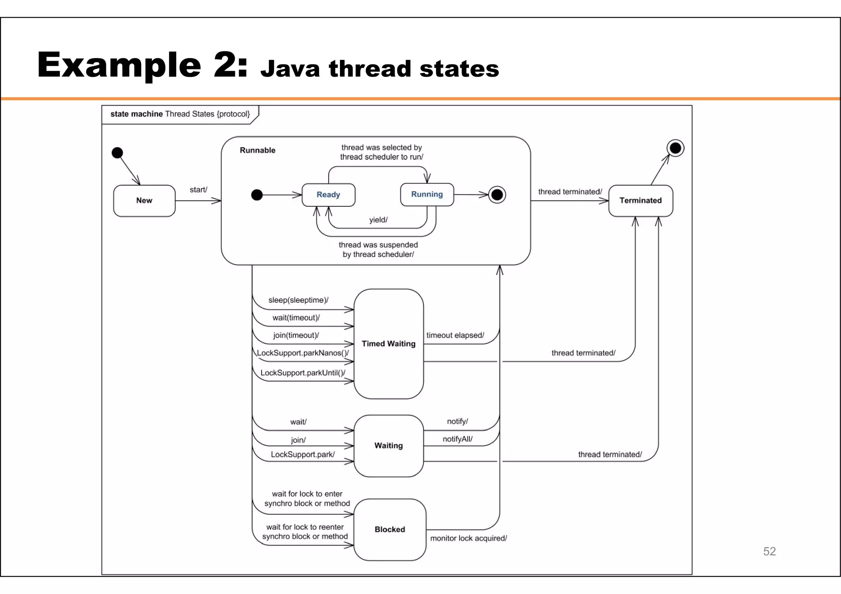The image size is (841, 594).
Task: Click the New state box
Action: pos(144,201)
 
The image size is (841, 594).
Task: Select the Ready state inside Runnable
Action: pos(328,195)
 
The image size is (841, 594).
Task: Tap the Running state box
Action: pos(427,194)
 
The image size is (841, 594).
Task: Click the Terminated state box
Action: pos(640,201)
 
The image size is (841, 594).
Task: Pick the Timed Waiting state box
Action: pos(388,344)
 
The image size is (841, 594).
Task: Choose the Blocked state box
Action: pos(390,530)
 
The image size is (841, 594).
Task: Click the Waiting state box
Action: pos(388,445)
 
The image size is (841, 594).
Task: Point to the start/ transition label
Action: pos(198,190)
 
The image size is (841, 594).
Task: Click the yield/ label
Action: pos(378,220)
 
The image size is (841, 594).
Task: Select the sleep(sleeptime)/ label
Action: pos(298,300)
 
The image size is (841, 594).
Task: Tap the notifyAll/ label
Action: pos(457,439)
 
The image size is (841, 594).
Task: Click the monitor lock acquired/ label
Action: pos(469,538)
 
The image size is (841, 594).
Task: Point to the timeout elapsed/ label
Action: pos(455,335)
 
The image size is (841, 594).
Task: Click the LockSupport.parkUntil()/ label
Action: pos(303,373)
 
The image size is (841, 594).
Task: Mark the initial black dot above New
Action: pos(117,153)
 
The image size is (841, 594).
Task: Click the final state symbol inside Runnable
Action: pos(497,195)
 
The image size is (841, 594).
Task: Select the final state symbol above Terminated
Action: pos(675,148)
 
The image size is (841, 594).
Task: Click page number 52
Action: pos(769,551)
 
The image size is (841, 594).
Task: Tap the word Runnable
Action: pos(257,150)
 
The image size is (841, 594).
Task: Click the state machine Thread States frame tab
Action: pos(180,114)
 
